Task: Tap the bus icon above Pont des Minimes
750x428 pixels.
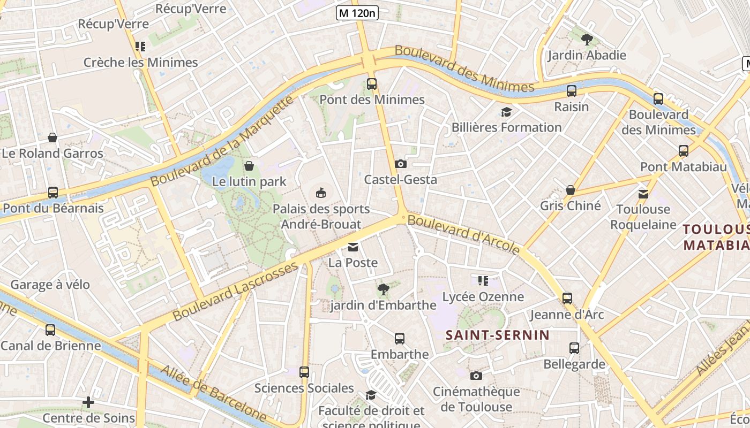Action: click(372, 84)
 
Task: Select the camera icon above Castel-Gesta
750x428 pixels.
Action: click(400, 164)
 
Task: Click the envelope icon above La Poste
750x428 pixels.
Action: click(353, 247)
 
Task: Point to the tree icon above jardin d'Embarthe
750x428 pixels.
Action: click(383, 289)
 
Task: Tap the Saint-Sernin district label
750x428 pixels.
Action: click(498, 335)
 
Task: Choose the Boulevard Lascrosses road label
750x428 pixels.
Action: click(236, 291)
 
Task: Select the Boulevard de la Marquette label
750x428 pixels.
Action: click(222, 142)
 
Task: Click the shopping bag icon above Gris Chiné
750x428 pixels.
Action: click(571, 190)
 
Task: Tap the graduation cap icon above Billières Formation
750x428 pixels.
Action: click(506, 112)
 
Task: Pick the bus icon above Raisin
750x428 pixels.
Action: click(572, 91)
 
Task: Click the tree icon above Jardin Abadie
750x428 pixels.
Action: click(587, 39)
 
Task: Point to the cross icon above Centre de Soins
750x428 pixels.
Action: click(88, 402)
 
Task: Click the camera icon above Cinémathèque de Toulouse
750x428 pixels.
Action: click(476, 376)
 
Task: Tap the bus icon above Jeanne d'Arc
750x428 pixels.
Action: click(567, 299)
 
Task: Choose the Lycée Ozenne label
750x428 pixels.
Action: click(483, 297)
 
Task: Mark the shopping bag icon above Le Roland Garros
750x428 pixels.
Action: click(52, 137)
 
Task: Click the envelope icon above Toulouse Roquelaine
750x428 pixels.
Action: click(643, 194)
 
